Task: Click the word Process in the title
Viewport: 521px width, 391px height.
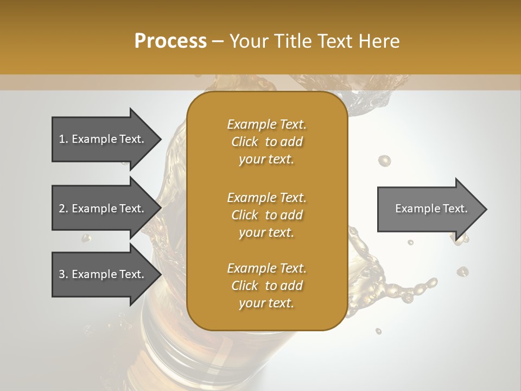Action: tap(170, 41)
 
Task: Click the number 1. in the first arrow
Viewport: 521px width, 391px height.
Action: tap(63, 139)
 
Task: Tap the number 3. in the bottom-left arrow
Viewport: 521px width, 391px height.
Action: tap(63, 274)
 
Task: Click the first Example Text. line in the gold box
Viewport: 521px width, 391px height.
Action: tap(266, 124)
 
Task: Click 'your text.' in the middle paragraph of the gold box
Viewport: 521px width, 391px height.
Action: tap(266, 232)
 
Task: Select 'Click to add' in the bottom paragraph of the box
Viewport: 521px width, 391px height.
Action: tap(266, 286)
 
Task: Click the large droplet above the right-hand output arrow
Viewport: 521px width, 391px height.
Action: tap(384, 160)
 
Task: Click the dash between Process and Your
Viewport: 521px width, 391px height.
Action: tap(218, 41)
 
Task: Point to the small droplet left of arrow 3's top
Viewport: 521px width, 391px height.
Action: tap(85, 238)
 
